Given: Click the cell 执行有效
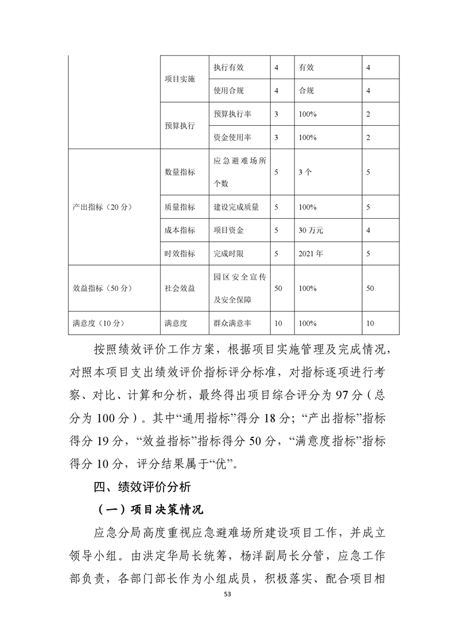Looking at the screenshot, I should [x=228, y=67].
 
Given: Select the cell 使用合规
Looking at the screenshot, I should [x=228, y=91].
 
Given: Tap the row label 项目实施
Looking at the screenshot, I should [x=179, y=79].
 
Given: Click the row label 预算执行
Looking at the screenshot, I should [x=179, y=126].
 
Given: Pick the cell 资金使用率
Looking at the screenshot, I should [x=232, y=137].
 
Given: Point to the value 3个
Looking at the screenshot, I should [x=305, y=172].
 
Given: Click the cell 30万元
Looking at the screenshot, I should [x=311, y=230].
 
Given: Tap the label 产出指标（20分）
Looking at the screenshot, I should [x=99, y=207].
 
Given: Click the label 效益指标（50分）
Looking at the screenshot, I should [x=99, y=288].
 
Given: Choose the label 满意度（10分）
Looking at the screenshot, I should [x=95, y=323].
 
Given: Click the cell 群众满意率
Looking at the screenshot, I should [x=232, y=323].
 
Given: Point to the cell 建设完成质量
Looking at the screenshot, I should [x=236, y=207].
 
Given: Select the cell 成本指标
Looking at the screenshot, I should [x=179, y=230].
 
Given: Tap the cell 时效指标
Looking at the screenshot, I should [x=179, y=253].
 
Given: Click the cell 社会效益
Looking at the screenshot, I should [x=179, y=288].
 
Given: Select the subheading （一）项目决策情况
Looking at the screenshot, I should [x=147, y=510].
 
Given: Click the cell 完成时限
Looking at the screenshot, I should [x=228, y=253].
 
